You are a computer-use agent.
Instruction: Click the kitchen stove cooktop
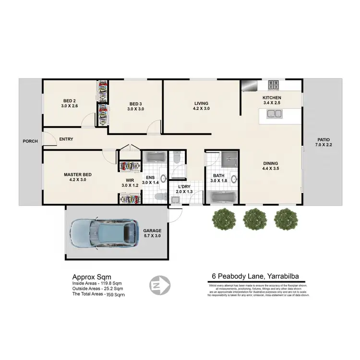click(274, 85)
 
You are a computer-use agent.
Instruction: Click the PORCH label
click(30, 141)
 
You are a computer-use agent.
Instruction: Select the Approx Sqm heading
click(91, 277)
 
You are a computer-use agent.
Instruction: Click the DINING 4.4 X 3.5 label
click(270, 166)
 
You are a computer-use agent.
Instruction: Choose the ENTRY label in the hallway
click(66, 140)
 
